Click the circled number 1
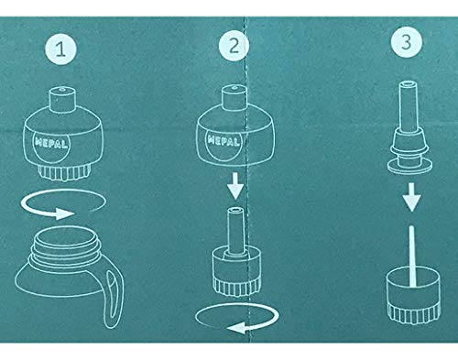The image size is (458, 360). (60, 49)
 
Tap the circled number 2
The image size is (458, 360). (234, 46)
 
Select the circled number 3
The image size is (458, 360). (407, 42)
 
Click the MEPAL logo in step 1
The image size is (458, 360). (51, 143)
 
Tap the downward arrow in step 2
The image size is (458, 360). (235, 186)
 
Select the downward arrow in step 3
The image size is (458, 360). (411, 197)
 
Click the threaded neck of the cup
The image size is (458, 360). (67, 245)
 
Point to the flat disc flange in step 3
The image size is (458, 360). (410, 166)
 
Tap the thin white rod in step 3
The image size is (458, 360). (411, 256)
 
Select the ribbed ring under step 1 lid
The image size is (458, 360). (64, 172)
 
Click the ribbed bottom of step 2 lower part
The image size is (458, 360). (237, 287)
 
